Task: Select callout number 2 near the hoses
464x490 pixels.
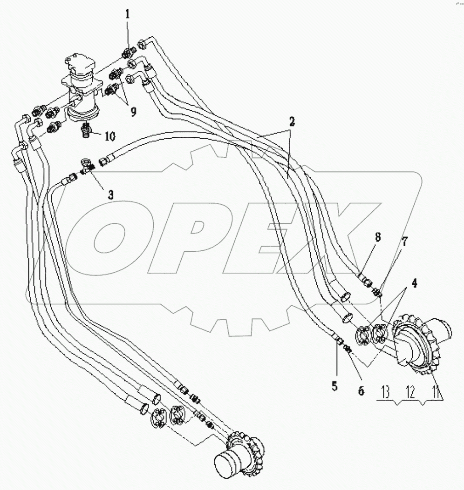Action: tap(291, 123)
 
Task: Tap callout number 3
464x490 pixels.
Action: tap(110, 195)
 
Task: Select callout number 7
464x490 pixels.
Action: tap(405, 242)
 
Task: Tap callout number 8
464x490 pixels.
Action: tap(377, 237)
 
